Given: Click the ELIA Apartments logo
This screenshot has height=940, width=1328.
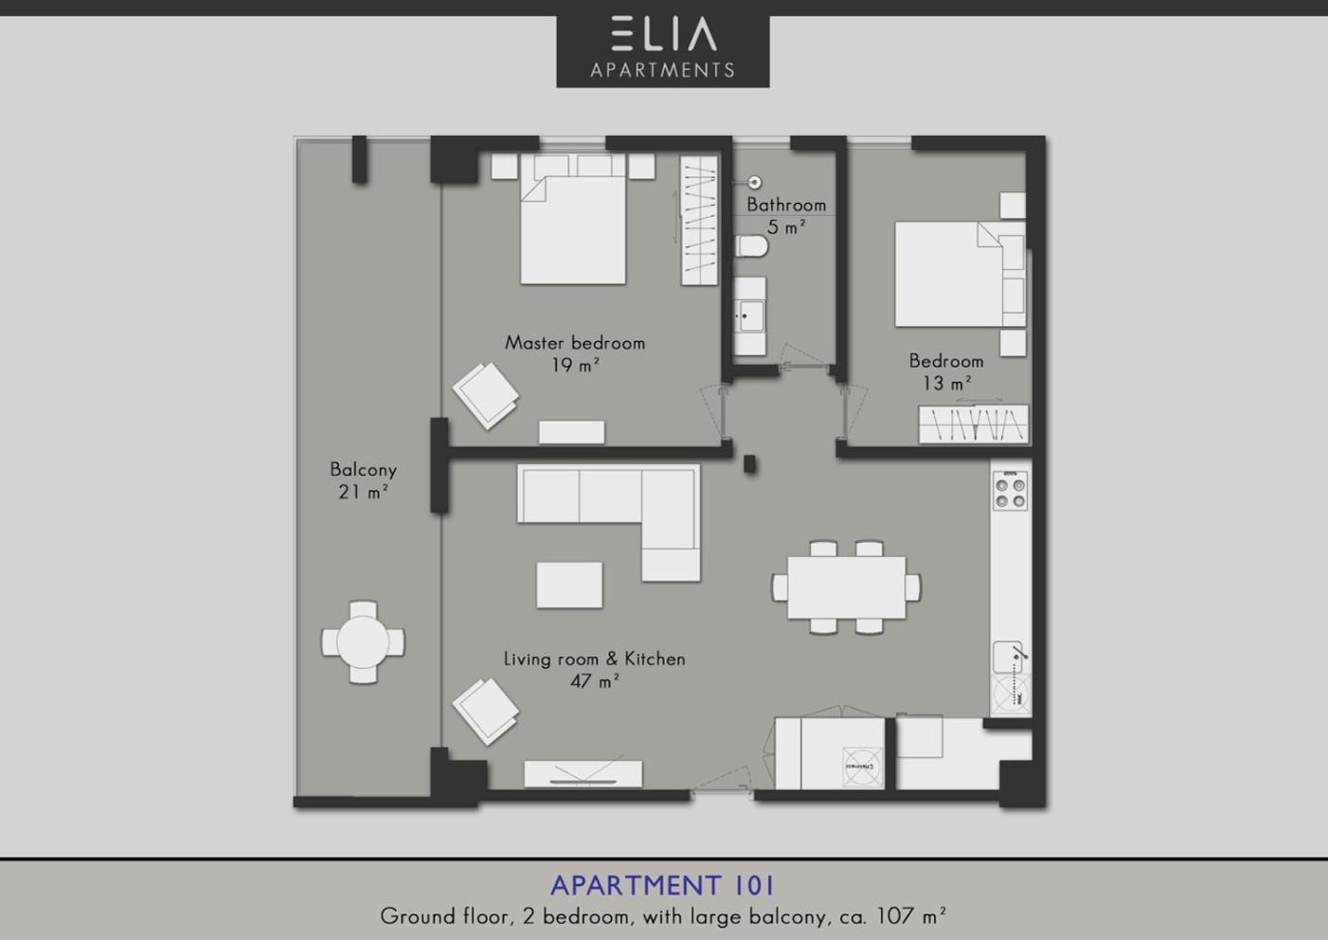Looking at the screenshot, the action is point(663,51).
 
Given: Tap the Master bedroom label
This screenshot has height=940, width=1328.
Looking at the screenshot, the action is point(574,343).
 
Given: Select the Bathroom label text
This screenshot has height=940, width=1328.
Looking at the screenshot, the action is point(786,205).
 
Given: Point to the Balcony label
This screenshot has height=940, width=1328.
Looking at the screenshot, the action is point(363,470).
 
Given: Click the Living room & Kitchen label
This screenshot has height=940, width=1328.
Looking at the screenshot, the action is point(594,659).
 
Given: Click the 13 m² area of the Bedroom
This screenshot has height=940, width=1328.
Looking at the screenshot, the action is point(946,383).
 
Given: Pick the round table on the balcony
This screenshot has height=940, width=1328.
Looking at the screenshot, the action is point(363,642).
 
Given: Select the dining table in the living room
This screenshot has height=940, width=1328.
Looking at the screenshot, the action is point(846,587).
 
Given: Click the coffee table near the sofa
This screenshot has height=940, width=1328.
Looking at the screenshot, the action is point(569,585).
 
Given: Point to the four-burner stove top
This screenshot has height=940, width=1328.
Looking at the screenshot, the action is point(1011,491).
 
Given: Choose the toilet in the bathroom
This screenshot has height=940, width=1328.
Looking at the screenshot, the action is point(752,246).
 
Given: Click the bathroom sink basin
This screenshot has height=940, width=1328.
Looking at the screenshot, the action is point(750,316).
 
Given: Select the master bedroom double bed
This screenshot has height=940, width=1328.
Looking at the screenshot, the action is point(573,220).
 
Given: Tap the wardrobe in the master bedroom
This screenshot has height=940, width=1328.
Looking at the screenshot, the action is point(699,221).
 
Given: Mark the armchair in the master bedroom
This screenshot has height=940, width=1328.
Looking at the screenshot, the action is point(486,395).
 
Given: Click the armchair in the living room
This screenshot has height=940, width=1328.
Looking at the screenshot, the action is point(486,712).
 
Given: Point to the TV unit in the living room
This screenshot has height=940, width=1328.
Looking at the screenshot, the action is point(583,774).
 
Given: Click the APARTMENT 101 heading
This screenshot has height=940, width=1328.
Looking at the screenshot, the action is point(662,885).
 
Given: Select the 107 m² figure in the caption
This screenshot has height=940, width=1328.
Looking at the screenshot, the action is point(910,916).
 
